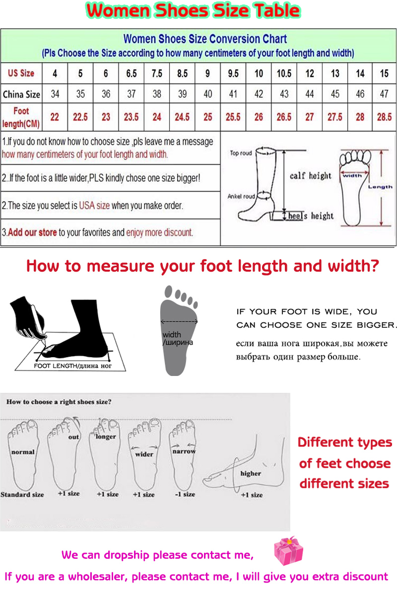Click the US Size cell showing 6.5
pos(132,74)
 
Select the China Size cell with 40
pos(207,94)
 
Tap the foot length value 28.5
pos(384,117)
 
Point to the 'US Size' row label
pos(21,73)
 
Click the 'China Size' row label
pos(21,94)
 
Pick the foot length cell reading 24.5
pos(182,117)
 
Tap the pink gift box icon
pos(288,551)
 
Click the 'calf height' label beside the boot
pos(310,176)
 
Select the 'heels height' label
pos(311,216)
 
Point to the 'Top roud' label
pos(241,153)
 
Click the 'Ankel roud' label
pos(241,196)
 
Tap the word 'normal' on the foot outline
pos(23,452)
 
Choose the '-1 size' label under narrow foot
pos(185,494)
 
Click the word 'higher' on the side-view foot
pos(251,474)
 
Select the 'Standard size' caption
pos(22,495)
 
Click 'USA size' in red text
pos(94,206)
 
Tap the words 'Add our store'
pos(32,232)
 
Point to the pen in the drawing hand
pos(38,325)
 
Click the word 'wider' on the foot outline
pos(144,454)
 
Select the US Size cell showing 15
pos(384,74)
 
